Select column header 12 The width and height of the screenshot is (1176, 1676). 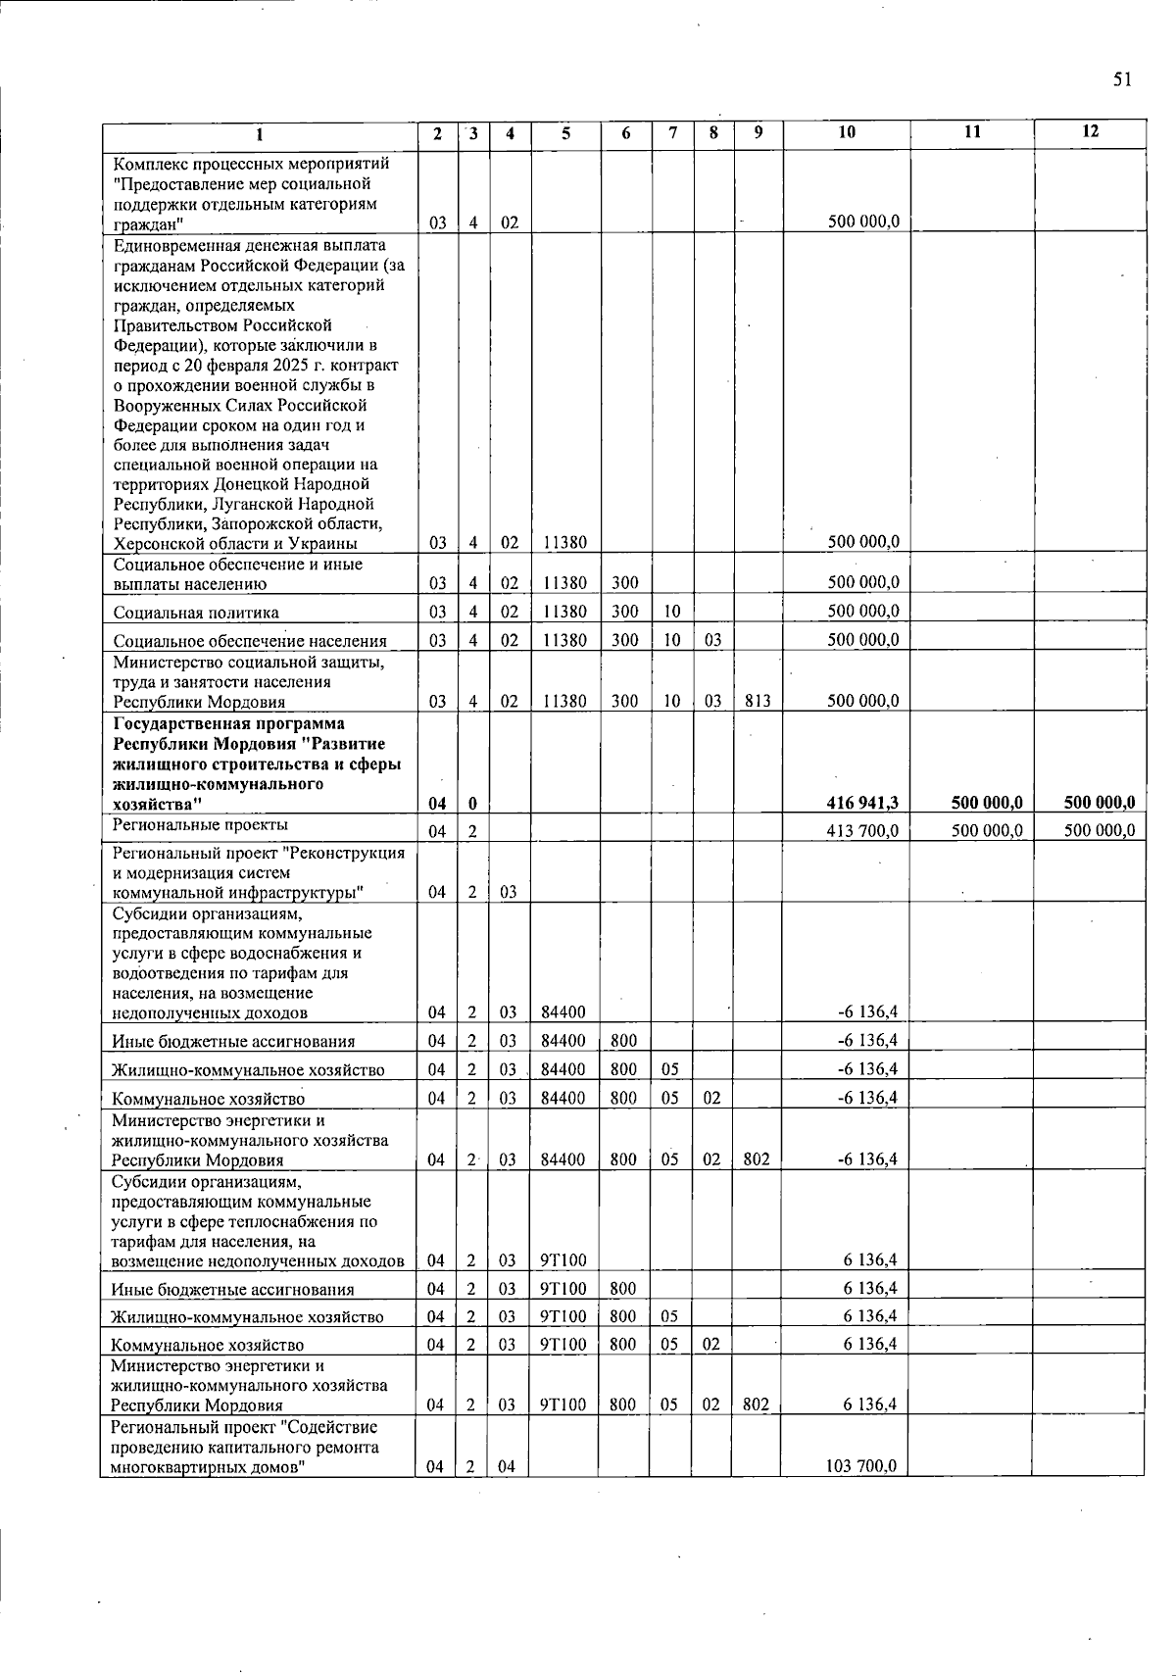[1090, 131]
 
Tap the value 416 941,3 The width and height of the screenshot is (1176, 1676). [863, 804]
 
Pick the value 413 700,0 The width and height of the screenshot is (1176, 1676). [863, 831]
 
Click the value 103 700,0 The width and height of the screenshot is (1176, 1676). [863, 1466]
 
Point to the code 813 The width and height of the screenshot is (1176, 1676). [756, 701]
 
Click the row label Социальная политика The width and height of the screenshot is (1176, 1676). [196, 613]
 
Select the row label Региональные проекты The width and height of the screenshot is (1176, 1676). [186, 826]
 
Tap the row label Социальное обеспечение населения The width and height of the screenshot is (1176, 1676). [250, 641]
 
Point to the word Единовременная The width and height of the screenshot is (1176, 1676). [172, 245]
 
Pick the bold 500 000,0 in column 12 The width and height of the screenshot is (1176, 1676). [1089, 804]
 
